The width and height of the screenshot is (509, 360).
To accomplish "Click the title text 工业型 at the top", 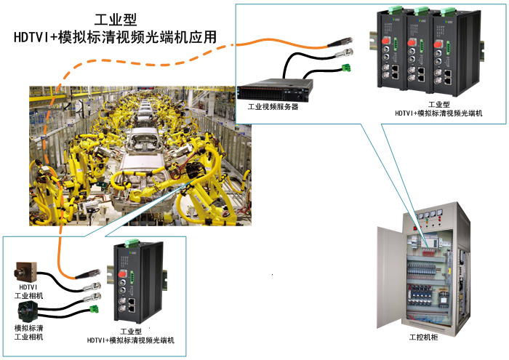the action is (116, 20).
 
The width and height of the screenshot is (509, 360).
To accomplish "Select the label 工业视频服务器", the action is (273, 107).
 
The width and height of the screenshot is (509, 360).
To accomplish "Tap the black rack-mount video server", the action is (275, 89).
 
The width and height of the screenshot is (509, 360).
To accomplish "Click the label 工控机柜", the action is (423, 337).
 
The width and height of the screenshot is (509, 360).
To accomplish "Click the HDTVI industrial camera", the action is (25, 272).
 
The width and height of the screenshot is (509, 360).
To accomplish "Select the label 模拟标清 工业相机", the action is (28, 332).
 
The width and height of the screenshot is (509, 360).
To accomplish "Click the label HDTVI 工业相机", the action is (28, 292).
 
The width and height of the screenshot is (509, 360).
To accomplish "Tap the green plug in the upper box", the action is (346, 68).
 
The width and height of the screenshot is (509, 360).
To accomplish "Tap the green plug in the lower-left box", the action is (94, 309).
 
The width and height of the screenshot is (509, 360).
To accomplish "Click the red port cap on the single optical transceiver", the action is (123, 273).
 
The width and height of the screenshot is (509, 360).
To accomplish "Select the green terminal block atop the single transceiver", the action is (132, 242).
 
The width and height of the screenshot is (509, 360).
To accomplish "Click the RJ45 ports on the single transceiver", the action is (132, 305).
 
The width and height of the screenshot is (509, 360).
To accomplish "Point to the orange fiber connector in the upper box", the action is (340, 42).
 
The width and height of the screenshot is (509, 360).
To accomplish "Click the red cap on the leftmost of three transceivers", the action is (385, 41).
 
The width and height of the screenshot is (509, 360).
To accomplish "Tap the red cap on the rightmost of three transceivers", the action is (438, 44).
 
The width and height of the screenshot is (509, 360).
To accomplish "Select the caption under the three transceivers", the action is (438, 109).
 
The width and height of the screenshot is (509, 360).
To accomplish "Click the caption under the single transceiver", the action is (131, 336).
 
